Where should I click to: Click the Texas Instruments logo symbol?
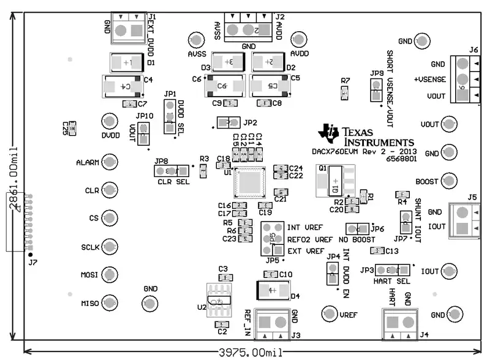pyautogui.click(x=330, y=132)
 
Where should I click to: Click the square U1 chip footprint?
pyautogui.click(x=250, y=182)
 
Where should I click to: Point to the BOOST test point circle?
pyautogui.click(x=449, y=181)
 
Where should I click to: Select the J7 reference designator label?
pyautogui.click(x=32, y=262)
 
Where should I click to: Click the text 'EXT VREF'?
pyautogui.click(x=306, y=251)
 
